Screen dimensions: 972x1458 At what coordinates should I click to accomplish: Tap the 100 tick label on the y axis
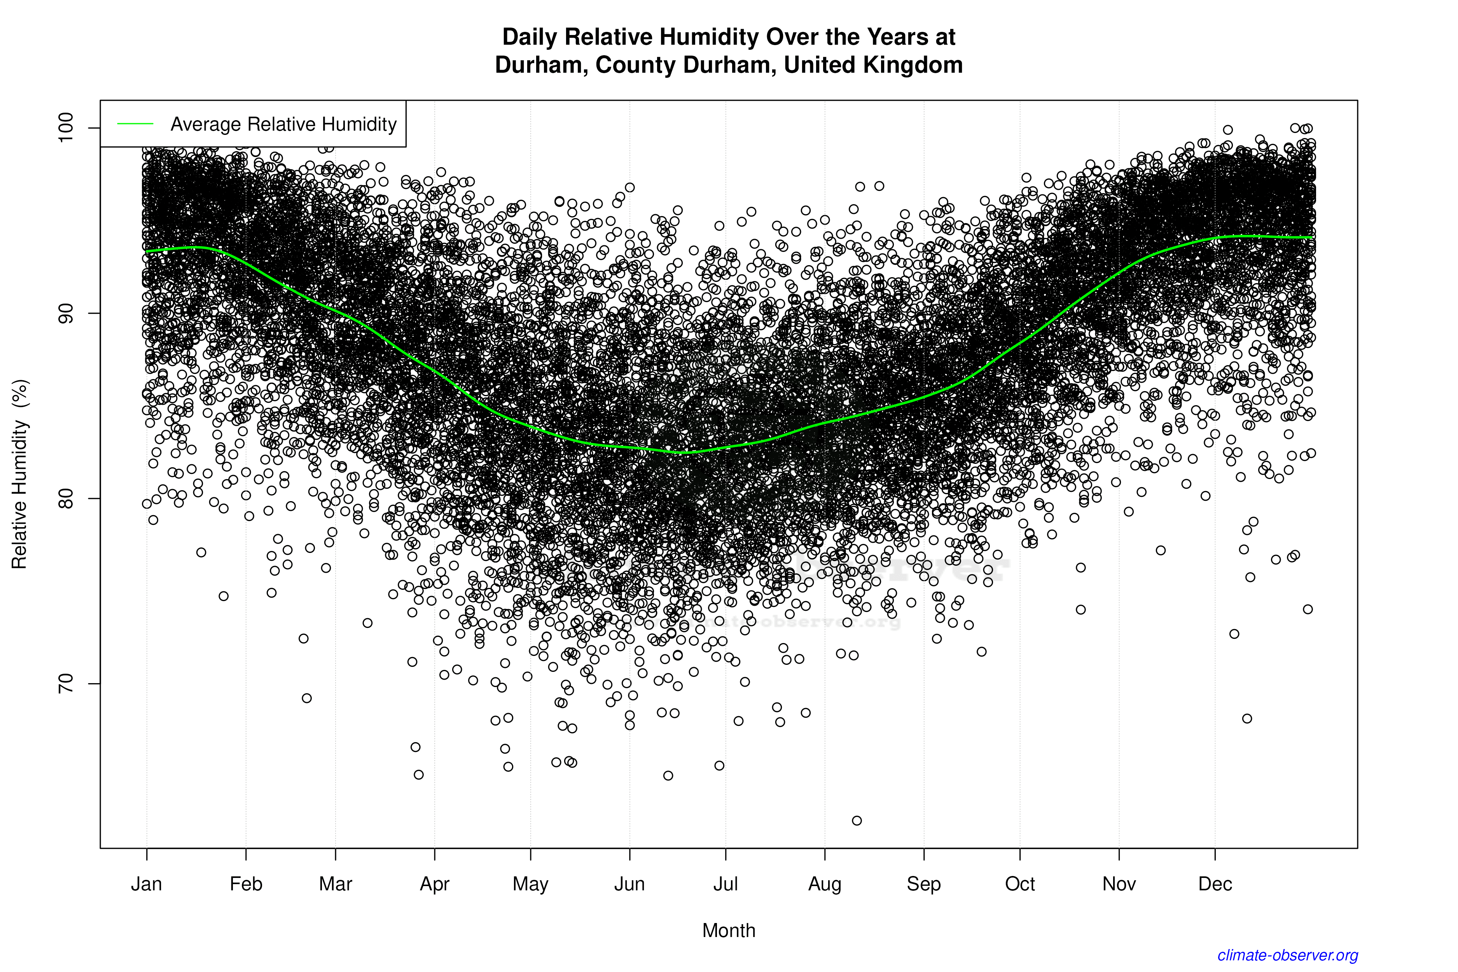click(65, 128)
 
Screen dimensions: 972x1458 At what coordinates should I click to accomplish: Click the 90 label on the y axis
click(65, 313)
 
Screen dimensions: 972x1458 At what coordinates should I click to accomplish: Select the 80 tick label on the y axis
click(65, 498)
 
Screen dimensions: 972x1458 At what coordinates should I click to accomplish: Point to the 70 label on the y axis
click(65, 684)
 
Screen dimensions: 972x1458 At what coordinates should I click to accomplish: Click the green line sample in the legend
click(135, 124)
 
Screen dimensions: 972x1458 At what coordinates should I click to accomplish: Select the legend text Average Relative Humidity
click(283, 124)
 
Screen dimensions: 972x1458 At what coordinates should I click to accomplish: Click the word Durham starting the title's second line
click(541, 65)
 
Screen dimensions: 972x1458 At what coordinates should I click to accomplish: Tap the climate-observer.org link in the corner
click(1288, 955)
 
